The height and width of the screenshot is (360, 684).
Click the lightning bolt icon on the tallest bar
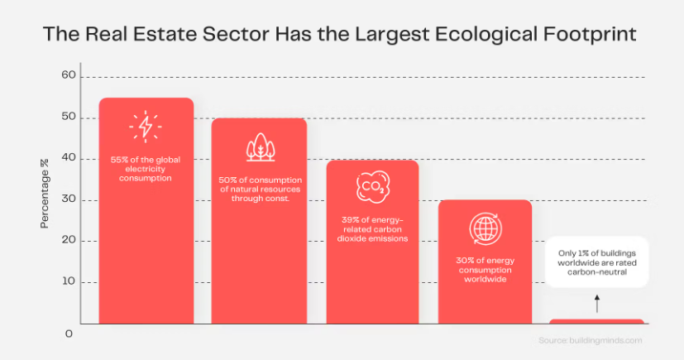pos(146,127)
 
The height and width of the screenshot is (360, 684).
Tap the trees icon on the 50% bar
pos(260,146)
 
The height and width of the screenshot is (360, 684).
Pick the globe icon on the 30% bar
pos(484,228)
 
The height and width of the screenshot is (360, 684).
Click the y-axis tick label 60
pos(69,76)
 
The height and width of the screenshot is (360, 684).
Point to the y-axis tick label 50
pos(69,118)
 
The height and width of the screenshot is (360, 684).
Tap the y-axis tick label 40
pos(69,158)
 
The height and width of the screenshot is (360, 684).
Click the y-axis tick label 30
pos(69,199)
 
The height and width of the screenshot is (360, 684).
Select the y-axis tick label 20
pos(69,241)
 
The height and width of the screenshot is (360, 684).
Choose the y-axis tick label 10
pos(69,281)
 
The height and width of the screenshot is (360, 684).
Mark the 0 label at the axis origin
pos(69,333)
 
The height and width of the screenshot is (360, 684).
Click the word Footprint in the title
pos(594,36)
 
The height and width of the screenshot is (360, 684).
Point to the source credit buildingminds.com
pos(591,340)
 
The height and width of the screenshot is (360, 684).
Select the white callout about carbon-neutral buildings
pos(596,262)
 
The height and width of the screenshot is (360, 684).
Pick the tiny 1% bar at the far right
pos(596,321)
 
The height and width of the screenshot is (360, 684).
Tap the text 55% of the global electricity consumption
pos(146,167)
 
